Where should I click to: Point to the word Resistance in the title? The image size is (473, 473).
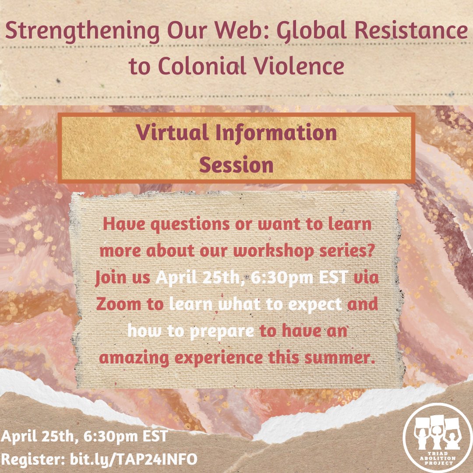[407, 32]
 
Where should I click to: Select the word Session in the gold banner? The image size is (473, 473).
[236, 166]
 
